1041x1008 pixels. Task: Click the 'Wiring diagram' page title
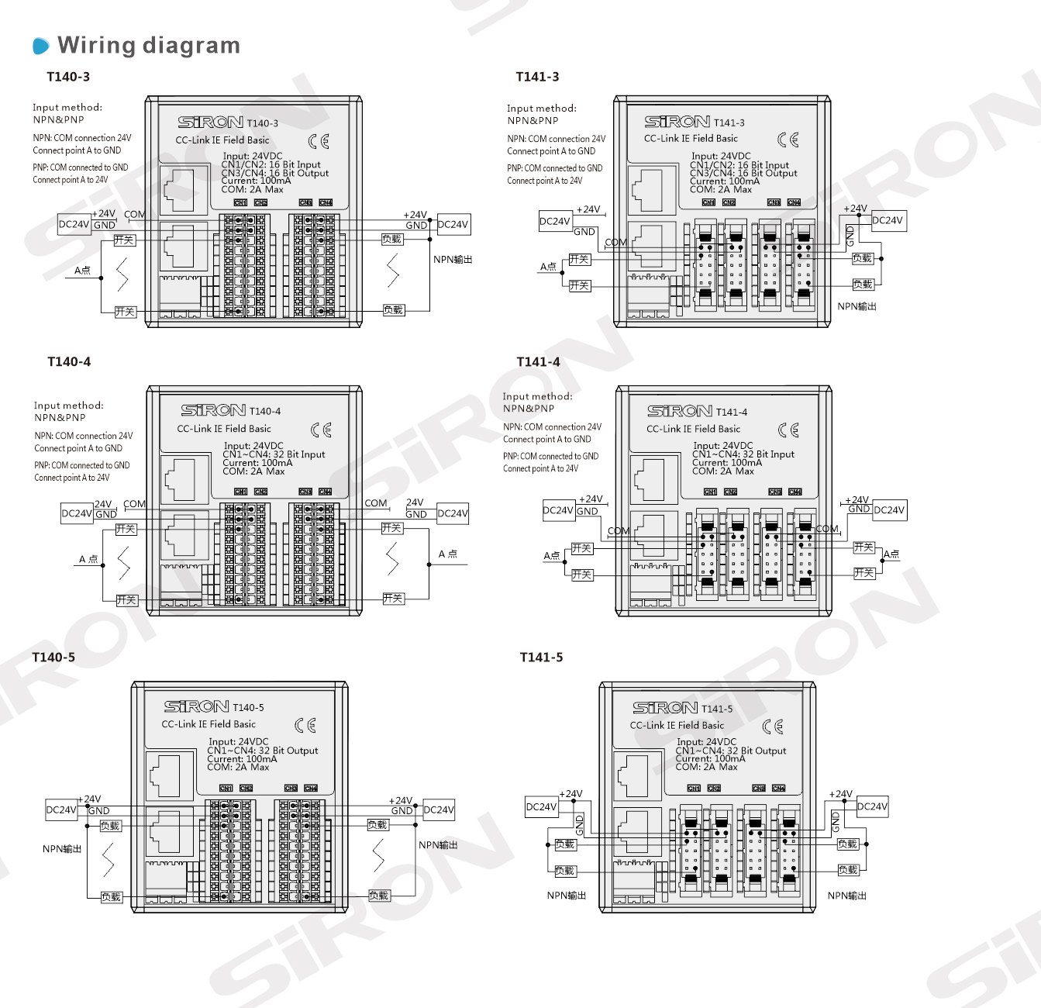pyautogui.click(x=149, y=46)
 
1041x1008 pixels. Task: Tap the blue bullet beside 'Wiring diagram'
pyautogui.click(x=41, y=47)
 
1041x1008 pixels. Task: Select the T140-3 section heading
pyautogui.click(x=68, y=77)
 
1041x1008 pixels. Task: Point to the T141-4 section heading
pyautogui.click(x=538, y=362)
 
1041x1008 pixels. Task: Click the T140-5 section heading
pyautogui.click(x=53, y=658)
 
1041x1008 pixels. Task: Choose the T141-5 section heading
pyautogui.click(x=541, y=658)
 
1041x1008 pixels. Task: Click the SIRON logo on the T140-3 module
pyautogui.click(x=210, y=123)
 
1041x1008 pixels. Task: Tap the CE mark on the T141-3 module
pyautogui.click(x=788, y=140)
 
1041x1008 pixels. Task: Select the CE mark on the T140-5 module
pyautogui.click(x=305, y=725)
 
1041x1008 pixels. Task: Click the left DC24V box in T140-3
pyautogui.click(x=74, y=225)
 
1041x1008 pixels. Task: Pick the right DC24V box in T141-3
pyautogui.click(x=888, y=221)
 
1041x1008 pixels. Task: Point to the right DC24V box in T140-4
pyautogui.click(x=453, y=513)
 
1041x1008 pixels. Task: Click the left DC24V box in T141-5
pyautogui.click(x=541, y=807)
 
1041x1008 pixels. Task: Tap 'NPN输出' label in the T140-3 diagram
pyautogui.click(x=453, y=260)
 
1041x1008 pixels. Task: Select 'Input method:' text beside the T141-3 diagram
pyautogui.click(x=541, y=109)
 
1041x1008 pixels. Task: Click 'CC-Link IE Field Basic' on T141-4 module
pyautogui.click(x=693, y=429)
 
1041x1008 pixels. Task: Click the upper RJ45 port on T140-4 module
pyautogui.click(x=184, y=478)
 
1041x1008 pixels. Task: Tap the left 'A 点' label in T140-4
pyautogui.click(x=88, y=559)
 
